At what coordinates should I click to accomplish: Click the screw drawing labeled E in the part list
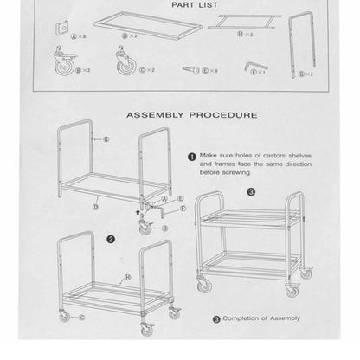coord(193,67)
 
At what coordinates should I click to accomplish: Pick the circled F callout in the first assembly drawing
coord(182,208)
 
